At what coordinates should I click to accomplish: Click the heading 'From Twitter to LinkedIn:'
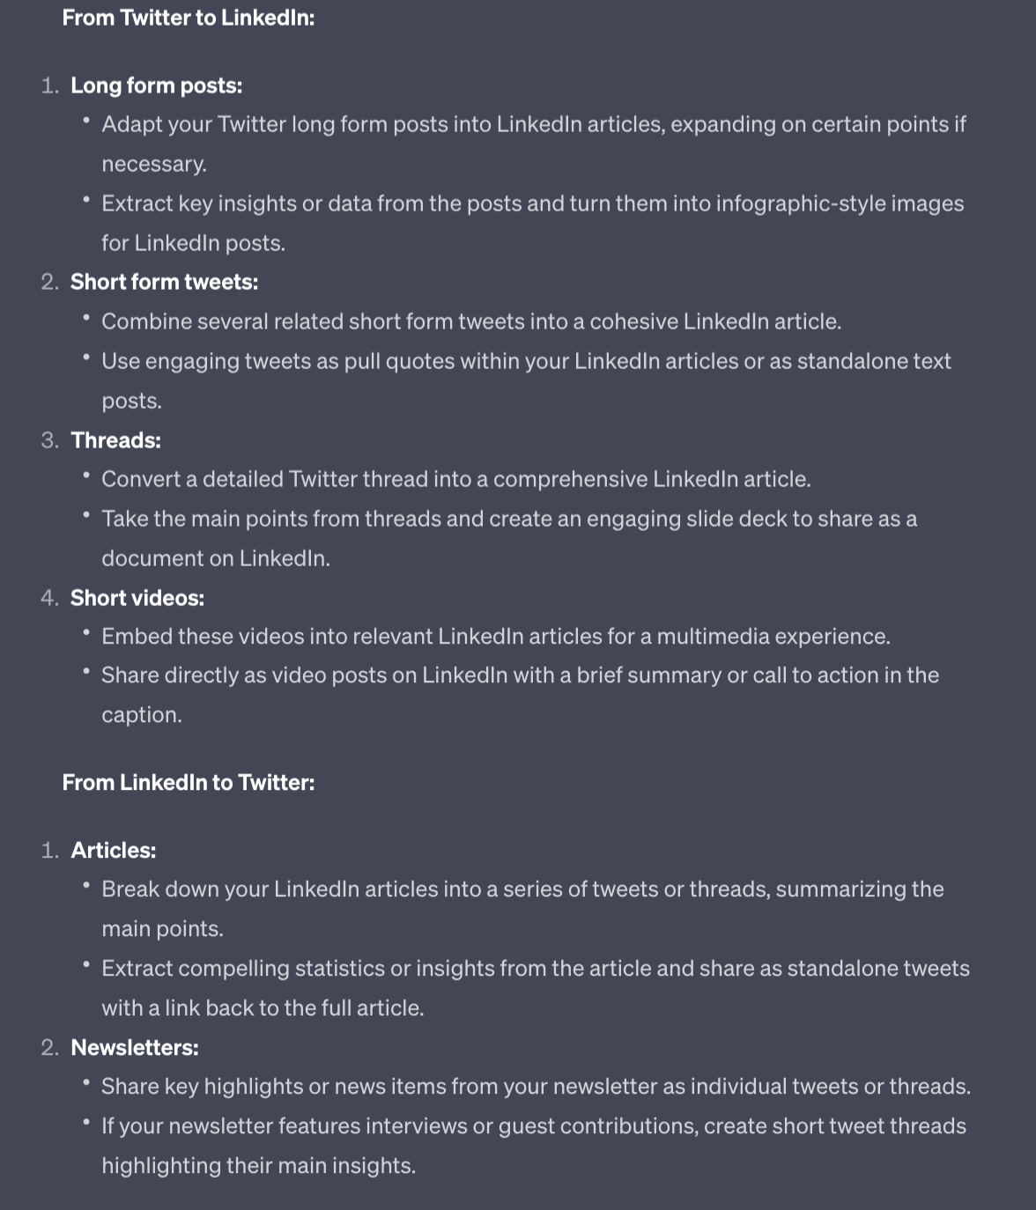(x=188, y=18)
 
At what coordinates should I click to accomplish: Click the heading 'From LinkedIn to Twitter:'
(x=188, y=782)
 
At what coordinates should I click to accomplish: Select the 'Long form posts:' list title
(x=156, y=85)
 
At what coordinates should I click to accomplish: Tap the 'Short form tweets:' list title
(x=164, y=282)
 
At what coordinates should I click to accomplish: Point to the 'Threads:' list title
(x=115, y=440)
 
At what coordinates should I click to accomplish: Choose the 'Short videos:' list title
(x=137, y=598)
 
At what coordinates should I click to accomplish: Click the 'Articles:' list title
(x=113, y=850)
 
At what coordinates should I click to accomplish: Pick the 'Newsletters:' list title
(x=134, y=1047)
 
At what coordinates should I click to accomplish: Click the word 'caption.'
(x=142, y=714)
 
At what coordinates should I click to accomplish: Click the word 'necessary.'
(x=154, y=164)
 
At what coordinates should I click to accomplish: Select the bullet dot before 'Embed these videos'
(x=86, y=631)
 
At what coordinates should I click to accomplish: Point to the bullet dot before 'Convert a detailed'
(x=86, y=475)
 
